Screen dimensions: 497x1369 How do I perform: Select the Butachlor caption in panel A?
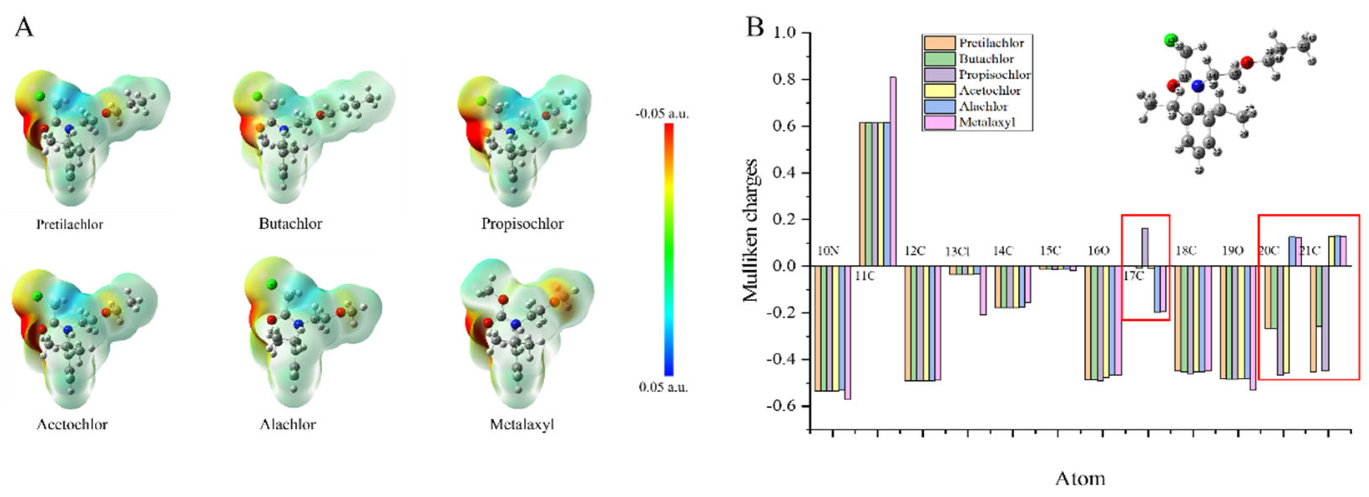tap(290, 223)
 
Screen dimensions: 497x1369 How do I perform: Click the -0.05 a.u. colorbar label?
tap(661, 114)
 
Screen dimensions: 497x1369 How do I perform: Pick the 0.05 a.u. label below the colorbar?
tap(663, 387)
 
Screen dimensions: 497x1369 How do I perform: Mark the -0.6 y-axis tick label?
tap(782, 406)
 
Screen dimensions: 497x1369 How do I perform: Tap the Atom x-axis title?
tap(1080, 478)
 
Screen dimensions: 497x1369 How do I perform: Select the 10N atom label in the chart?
tap(828, 251)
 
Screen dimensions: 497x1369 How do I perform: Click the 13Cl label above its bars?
tap(957, 251)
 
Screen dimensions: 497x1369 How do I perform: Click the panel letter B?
tap(755, 27)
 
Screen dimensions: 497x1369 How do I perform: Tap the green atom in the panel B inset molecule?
tap(1171, 40)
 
